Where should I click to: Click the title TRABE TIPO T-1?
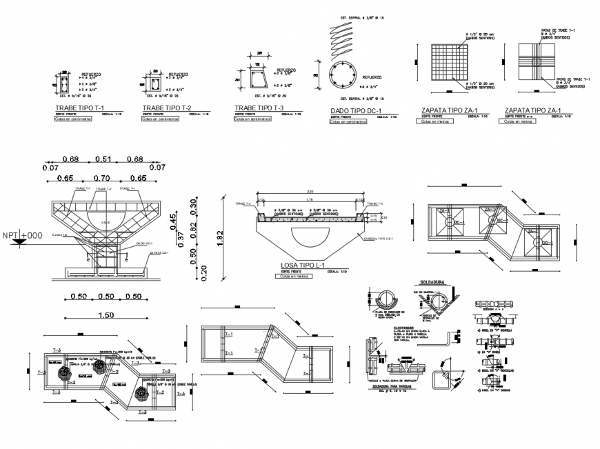pyautogui.click(x=79, y=109)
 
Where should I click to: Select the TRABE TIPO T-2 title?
pyautogui.click(x=166, y=109)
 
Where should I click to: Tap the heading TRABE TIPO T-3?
pyautogui.click(x=259, y=108)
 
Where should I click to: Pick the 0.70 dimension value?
pyautogui.click(x=102, y=178)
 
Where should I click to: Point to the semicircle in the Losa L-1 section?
pyautogui.click(x=308, y=233)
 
